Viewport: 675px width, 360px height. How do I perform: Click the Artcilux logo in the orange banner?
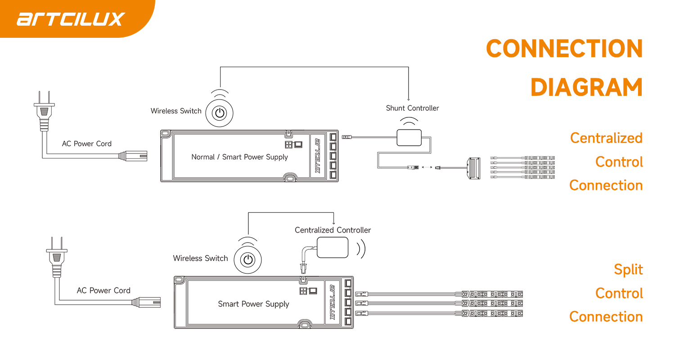pyautogui.click(x=71, y=19)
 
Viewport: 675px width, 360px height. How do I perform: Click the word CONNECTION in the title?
pyautogui.click(x=564, y=49)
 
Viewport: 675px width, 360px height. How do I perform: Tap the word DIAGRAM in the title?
pyautogui.click(x=587, y=87)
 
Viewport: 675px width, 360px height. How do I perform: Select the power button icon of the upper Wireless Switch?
pyautogui.click(x=220, y=113)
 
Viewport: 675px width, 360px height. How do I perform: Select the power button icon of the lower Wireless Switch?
pyautogui.click(x=247, y=260)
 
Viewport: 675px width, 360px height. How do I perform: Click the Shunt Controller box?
pyautogui.click(x=409, y=138)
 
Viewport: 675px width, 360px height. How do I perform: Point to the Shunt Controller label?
pyautogui.click(x=412, y=108)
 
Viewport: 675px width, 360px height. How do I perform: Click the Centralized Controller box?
pyautogui.click(x=333, y=247)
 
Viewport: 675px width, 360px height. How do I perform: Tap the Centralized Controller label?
pyautogui.click(x=333, y=230)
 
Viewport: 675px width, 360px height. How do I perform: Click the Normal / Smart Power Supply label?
pyautogui.click(x=239, y=157)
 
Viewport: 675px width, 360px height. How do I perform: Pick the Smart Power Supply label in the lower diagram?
pyautogui.click(x=253, y=304)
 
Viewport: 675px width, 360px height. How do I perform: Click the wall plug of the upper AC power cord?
pyautogui.click(x=44, y=111)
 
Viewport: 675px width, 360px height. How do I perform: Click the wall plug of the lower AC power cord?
pyautogui.click(x=57, y=257)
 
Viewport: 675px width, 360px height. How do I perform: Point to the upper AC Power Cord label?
pyautogui.click(x=87, y=144)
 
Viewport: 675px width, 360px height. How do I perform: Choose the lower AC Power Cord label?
pyautogui.click(x=103, y=290)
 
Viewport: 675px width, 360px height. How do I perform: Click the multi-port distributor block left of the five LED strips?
pyautogui.click(x=474, y=168)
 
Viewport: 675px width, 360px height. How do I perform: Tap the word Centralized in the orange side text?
pyautogui.click(x=606, y=138)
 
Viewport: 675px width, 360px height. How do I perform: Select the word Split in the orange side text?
pyautogui.click(x=628, y=270)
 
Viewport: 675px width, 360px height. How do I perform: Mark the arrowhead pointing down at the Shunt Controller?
pyautogui.click(x=409, y=99)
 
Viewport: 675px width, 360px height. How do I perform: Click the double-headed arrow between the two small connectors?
pyautogui.click(x=427, y=167)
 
